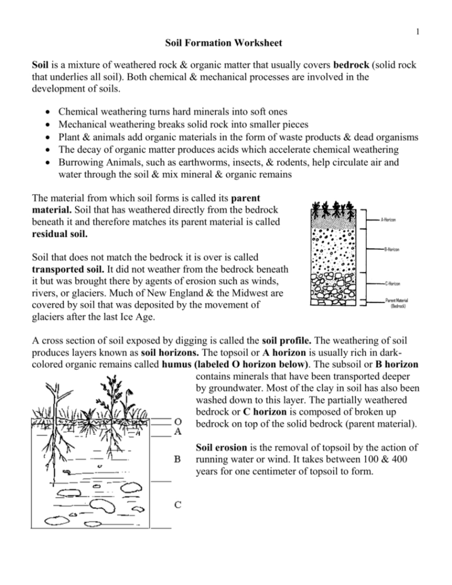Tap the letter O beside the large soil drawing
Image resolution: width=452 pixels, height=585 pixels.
click(x=179, y=421)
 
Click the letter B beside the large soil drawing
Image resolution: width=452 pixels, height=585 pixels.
click(x=178, y=459)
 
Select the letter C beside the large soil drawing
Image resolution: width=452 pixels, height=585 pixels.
click(x=179, y=504)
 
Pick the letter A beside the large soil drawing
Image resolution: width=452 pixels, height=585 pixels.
click(x=179, y=431)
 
